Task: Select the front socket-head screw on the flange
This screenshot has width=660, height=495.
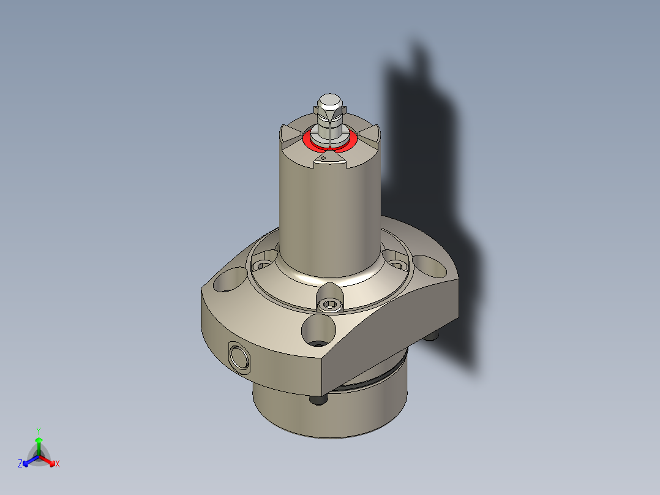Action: coord(329,304)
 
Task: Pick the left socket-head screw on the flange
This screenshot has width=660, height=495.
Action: coord(263,266)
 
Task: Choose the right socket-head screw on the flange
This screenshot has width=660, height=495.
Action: coord(397,265)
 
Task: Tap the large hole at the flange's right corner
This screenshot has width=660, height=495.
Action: coord(430,266)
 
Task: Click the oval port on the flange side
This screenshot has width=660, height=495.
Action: coord(238,357)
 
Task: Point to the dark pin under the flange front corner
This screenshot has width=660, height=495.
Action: coord(318,400)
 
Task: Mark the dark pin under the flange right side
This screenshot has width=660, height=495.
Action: coord(433,336)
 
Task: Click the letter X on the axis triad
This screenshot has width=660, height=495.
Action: coord(58,464)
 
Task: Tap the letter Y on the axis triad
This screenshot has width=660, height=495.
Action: coord(39,430)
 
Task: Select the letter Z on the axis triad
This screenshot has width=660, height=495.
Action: coord(20,464)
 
